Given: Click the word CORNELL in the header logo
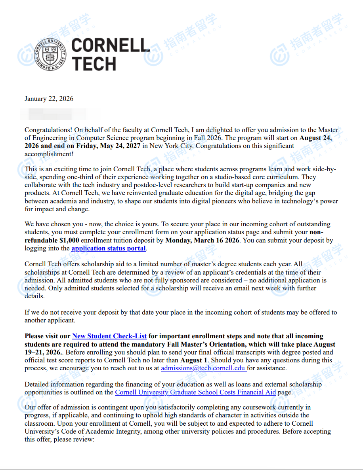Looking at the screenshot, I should tap(111, 46).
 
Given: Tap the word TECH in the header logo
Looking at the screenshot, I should tap(94, 64).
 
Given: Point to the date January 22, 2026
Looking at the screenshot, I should tap(49, 99).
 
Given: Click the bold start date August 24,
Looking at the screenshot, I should tap(315, 138).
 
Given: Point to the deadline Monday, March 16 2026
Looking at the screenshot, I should tap(202, 240).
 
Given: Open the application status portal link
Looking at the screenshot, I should tap(109, 248).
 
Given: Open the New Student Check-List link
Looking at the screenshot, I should tap(109, 336).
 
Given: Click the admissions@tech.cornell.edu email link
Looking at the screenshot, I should tap(203, 368).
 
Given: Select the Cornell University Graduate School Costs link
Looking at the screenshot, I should tap(195, 392).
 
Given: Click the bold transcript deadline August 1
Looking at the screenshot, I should tap(194, 360).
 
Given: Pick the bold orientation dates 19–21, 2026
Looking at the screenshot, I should tap(43, 352).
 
